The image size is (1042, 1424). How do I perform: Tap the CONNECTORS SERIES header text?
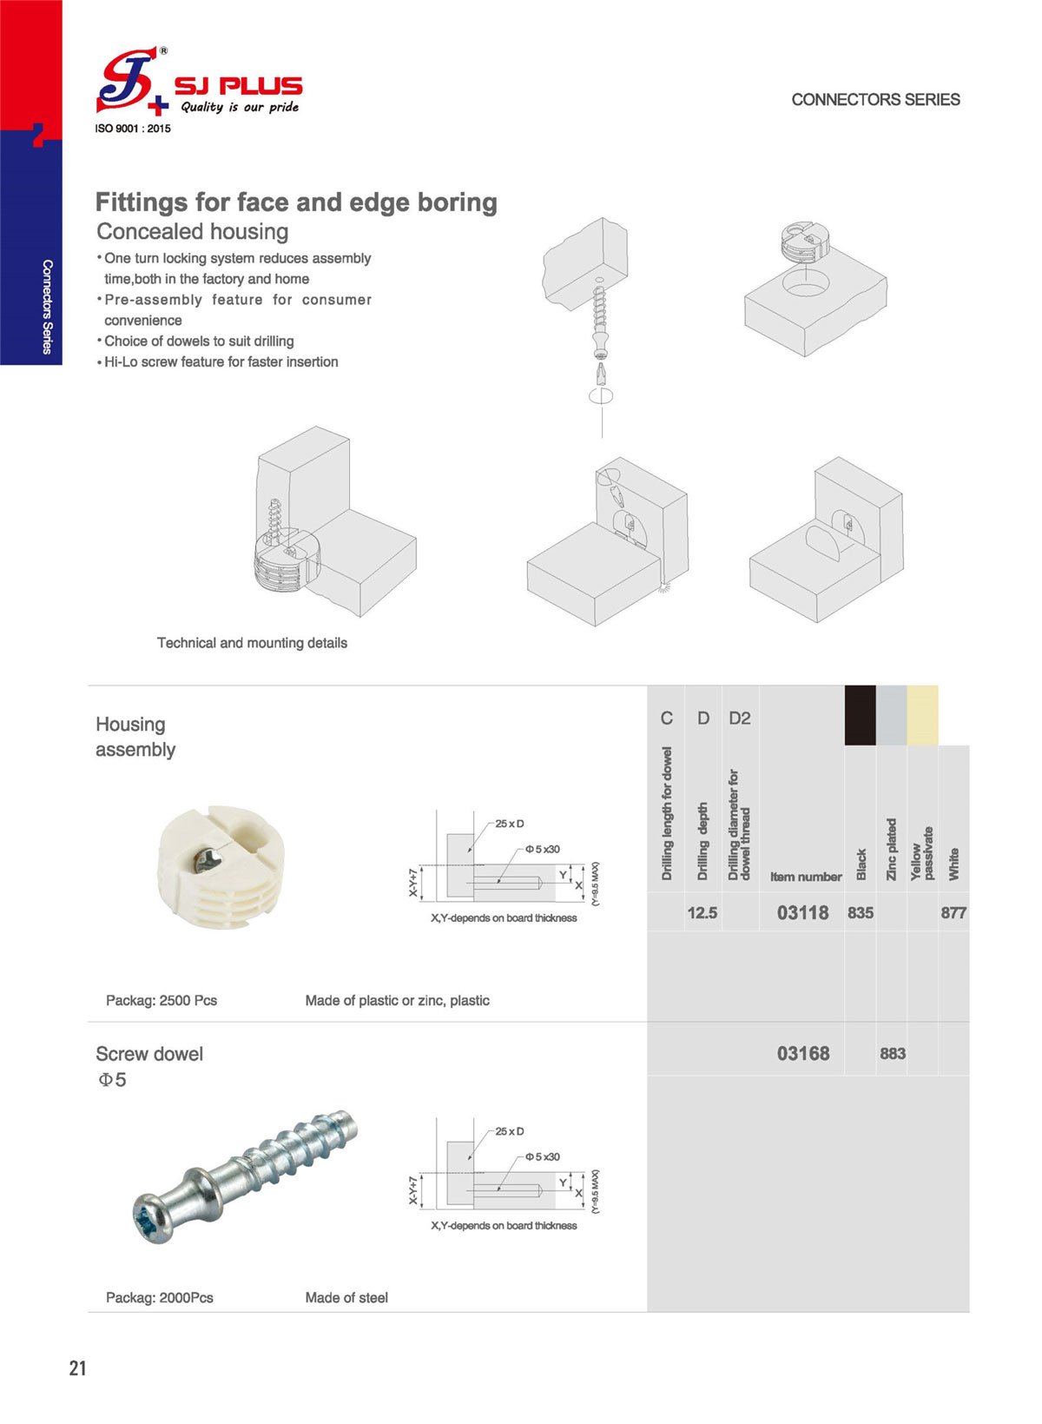click(x=874, y=100)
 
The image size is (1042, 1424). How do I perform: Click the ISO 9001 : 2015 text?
click(x=132, y=129)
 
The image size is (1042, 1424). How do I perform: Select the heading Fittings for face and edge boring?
click(x=296, y=202)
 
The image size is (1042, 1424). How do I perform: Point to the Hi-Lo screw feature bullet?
click(x=221, y=362)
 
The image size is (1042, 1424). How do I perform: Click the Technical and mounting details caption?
click(x=252, y=643)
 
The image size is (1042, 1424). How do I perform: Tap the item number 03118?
click(x=802, y=913)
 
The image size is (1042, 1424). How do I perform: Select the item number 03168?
click(x=802, y=1054)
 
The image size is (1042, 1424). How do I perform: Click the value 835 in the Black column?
click(x=860, y=913)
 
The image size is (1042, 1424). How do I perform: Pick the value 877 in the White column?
click(x=953, y=913)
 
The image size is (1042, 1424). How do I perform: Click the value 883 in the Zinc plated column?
click(x=892, y=1054)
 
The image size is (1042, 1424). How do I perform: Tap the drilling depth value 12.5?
click(x=702, y=913)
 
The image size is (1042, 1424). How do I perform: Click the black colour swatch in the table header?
click(x=860, y=715)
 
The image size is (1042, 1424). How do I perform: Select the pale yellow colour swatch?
click(x=922, y=715)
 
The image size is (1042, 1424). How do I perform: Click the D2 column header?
click(x=739, y=719)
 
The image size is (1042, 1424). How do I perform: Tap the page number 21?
click(x=78, y=1368)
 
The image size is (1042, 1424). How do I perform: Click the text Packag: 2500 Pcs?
click(x=162, y=1001)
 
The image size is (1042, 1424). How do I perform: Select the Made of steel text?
click(x=346, y=1298)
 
